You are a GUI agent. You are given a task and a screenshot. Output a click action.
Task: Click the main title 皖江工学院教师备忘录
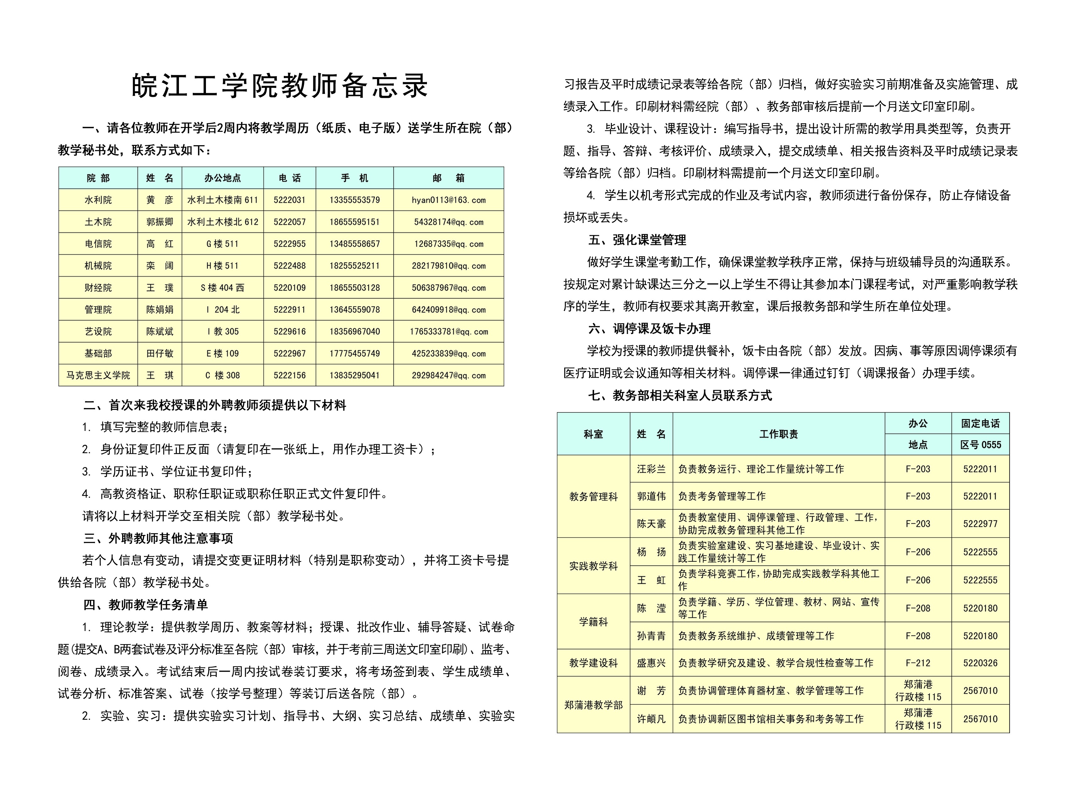(x=280, y=86)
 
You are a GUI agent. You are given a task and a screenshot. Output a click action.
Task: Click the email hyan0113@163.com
(x=448, y=200)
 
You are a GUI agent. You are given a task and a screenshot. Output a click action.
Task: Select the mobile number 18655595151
(x=354, y=222)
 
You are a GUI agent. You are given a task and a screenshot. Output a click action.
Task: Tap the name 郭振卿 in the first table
(x=159, y=222)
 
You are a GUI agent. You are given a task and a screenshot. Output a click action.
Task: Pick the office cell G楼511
(x=223, y=244)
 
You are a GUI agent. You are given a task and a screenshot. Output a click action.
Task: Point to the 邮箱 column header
(x=448, y=178)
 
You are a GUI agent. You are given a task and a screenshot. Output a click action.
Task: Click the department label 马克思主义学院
(x=98, y=375)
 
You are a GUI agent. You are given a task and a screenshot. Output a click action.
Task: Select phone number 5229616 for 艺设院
(x=289, y=331)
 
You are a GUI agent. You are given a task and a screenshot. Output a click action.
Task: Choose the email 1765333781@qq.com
(x=448, y=331)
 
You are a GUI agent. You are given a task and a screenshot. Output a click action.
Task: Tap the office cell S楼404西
(x=223, y=288)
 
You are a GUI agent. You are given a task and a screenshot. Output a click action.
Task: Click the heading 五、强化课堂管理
(x=637, y=240)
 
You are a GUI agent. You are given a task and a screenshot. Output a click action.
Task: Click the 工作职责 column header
(x=779, y=434)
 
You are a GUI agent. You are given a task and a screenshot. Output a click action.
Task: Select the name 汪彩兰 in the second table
(x=651, y=469)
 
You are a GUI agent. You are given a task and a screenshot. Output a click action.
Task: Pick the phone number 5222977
(x=980, y=523)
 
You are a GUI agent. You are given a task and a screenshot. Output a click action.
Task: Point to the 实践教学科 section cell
(x=593, y=566)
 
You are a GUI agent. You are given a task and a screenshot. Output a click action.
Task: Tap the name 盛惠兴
(x=651, y=663)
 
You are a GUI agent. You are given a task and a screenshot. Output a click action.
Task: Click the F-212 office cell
(x=918, y=663)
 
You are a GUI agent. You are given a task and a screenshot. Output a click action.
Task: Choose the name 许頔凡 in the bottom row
(x=651, y=719)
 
